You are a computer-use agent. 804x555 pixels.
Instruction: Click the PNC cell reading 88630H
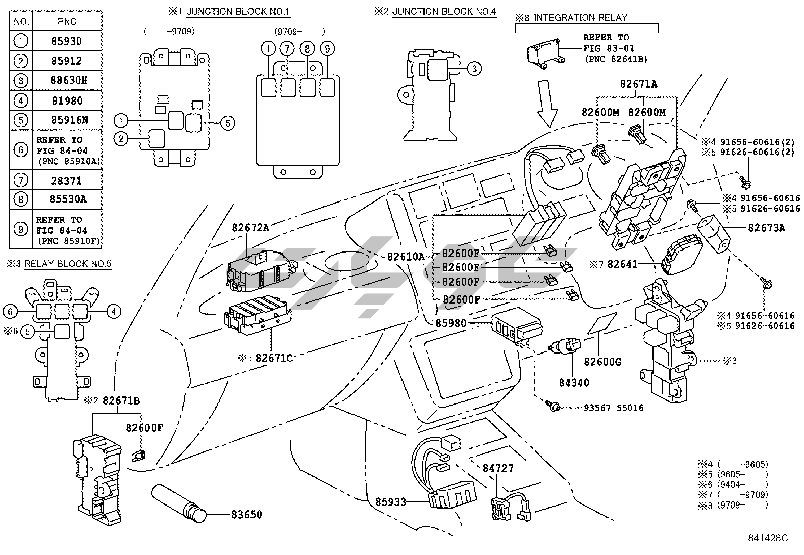point(67,80)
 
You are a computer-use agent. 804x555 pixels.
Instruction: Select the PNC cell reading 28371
point(66,181)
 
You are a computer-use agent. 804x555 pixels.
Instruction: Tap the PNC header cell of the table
point(67,21)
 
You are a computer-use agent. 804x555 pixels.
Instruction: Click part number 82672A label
point(250,228)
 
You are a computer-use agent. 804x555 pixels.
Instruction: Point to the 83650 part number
point(246,515)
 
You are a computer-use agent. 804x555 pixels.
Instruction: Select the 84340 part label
point(574,383)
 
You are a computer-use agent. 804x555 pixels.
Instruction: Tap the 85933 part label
point(390,502)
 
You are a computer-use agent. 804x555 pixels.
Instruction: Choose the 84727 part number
point(498,468)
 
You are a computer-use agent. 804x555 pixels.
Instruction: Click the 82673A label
point(767,228)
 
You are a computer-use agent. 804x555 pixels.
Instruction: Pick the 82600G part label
point(602,362)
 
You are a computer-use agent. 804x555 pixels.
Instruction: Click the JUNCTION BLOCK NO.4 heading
point(444,11)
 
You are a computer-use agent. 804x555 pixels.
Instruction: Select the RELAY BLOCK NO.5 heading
point(68,264)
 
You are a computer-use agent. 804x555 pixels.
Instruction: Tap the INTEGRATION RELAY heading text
point(580,18)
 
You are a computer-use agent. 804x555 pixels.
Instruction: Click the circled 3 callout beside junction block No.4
point(474,68)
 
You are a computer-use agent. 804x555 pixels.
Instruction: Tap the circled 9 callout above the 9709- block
point(327,48)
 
